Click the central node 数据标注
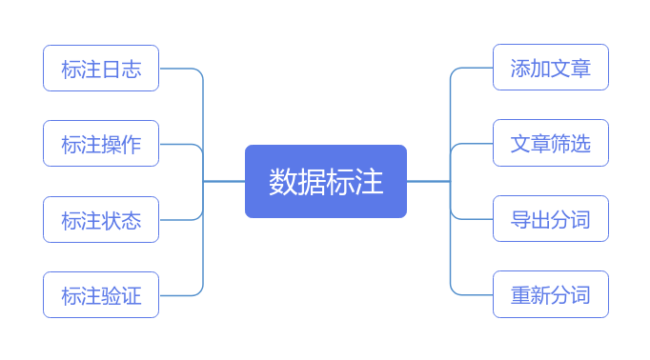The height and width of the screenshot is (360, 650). click(326, 181)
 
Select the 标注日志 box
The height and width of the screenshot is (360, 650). click(101, 68)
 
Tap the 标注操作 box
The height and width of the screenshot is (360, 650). click(101, 144)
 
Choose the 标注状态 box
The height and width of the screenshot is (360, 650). click(101, 220)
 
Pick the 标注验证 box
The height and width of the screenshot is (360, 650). click(101, 295)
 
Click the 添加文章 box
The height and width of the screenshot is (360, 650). click(551, 67)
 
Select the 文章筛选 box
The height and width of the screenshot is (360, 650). click(551, 143)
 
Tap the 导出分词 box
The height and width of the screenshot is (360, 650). click(551, 219)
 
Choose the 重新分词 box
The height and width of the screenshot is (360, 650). click(551, 294)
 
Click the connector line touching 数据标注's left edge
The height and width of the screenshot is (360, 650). click(224, 181)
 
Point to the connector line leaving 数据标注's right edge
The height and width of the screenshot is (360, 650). click(428, 181)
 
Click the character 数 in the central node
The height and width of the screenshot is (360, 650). click(283, 182)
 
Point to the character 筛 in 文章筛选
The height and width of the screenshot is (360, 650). click(560, 144)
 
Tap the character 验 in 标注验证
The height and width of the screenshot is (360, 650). click(112, 296)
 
